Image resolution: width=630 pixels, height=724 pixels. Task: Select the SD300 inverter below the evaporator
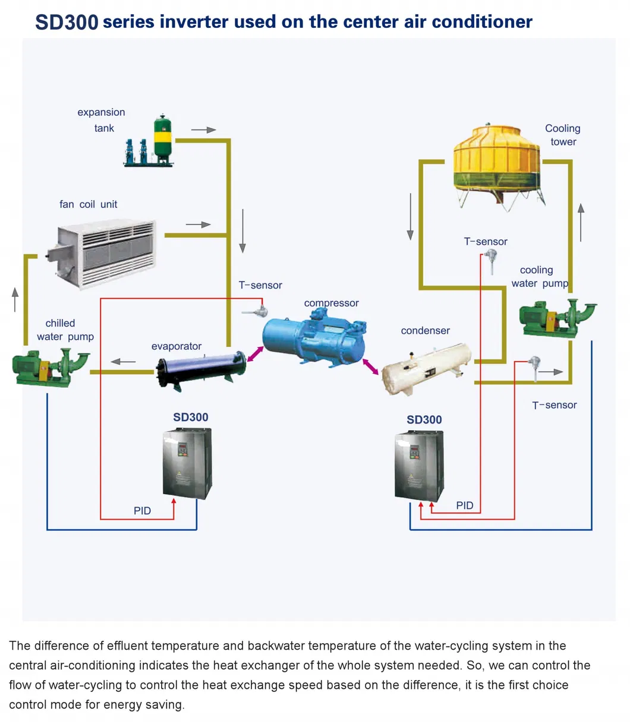point(187,463)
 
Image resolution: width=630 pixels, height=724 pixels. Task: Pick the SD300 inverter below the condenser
point(419,467)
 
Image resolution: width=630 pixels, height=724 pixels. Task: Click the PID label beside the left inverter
point(142,510)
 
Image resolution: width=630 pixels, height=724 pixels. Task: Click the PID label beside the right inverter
point(465,505)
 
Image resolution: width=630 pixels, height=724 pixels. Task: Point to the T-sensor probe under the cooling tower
point(492,262)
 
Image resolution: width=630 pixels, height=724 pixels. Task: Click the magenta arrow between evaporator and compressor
point(256,352)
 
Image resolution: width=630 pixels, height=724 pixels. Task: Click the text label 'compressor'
point(331,303)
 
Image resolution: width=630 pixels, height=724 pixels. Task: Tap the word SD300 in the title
point(67,22)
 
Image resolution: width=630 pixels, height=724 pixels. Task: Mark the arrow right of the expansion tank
point(203,129)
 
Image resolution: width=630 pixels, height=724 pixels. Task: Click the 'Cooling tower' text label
point(562,135)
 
